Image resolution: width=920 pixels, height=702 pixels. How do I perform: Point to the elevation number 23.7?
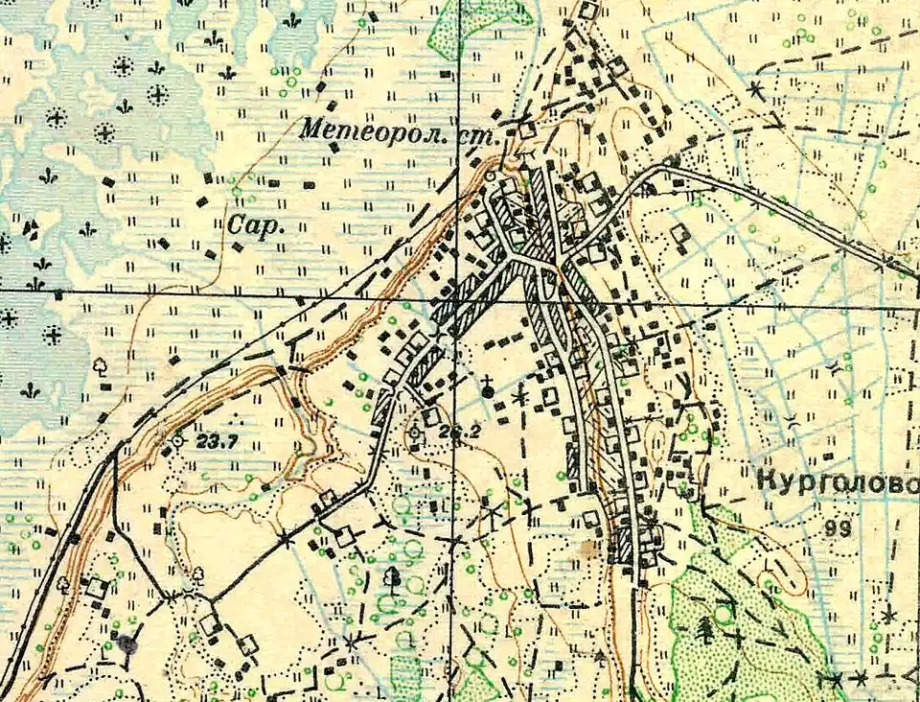(x=215, y=443)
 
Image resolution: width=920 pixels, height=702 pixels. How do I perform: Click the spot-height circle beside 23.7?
(x=177, y=441)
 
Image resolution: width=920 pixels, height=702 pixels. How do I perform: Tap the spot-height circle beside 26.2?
(x=414, y=433)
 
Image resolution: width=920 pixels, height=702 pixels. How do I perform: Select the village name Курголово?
(x=837, y=482)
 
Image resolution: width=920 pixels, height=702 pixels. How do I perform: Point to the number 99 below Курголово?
(x=836, y=526)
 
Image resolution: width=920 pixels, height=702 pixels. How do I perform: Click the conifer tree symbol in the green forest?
(x=706, y=628)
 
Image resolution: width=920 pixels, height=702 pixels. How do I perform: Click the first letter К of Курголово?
(x=766, y=481)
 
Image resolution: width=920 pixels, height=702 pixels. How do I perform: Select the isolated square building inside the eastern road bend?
(x=679, y=233)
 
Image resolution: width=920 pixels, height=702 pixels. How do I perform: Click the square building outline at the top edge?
(x=588, y=12)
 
